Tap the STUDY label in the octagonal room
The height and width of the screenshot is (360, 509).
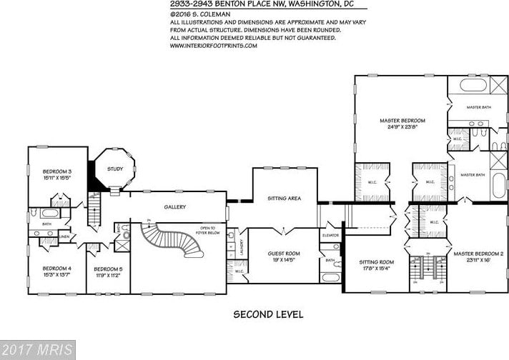click(114, 169)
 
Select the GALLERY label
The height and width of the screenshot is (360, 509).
click(174, 207)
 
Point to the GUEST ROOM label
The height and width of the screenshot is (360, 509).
click(283, 254)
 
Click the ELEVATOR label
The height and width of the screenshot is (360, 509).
click(330, 234)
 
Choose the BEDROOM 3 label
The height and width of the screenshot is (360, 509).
click(57, 171)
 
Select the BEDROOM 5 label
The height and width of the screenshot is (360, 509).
click(109, 269)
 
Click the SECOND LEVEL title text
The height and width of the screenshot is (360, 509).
click(268, 314)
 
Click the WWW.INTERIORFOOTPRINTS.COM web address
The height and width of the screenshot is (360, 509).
click(213, 44)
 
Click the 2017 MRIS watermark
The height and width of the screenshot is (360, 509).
click(37, 350)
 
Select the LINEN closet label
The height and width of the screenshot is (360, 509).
click(64, 236)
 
